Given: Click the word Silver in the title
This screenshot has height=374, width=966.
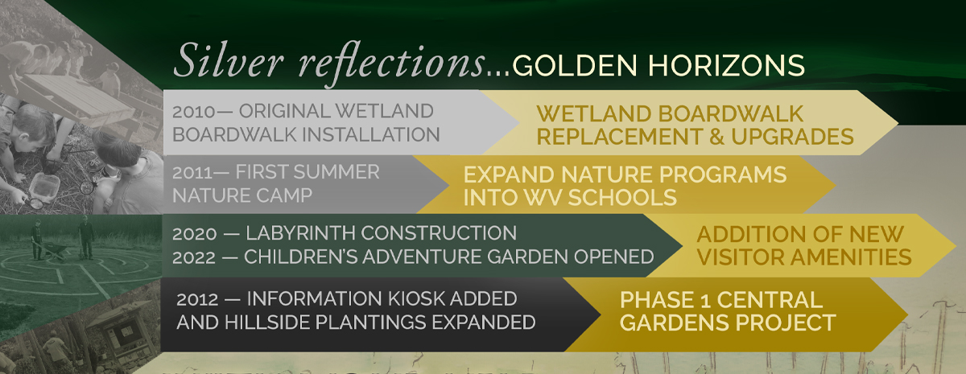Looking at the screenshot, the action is click(x=229, y=60).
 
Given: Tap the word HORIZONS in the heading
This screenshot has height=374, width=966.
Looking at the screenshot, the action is click(x=726, y=66).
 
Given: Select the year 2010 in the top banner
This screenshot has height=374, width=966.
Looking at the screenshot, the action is click(x=194, y=112).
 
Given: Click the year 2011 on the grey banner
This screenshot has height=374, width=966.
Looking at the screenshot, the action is click(x=192, y=173).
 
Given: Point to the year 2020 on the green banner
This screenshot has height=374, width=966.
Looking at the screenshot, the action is click(x=195, y=234).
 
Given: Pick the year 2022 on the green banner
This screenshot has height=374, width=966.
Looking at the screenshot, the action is click(x=194, y=257).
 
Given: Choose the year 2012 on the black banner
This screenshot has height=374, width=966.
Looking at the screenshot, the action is click(x=197, y=299).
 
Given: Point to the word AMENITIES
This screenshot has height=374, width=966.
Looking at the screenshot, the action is click(x=847, y=257).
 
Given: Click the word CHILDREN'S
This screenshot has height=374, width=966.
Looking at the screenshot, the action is click(x=301, y=257).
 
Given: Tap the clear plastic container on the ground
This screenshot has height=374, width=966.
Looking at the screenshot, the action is click(x=44, y=186).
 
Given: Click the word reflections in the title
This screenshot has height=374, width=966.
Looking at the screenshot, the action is click(x=393, y=63).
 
